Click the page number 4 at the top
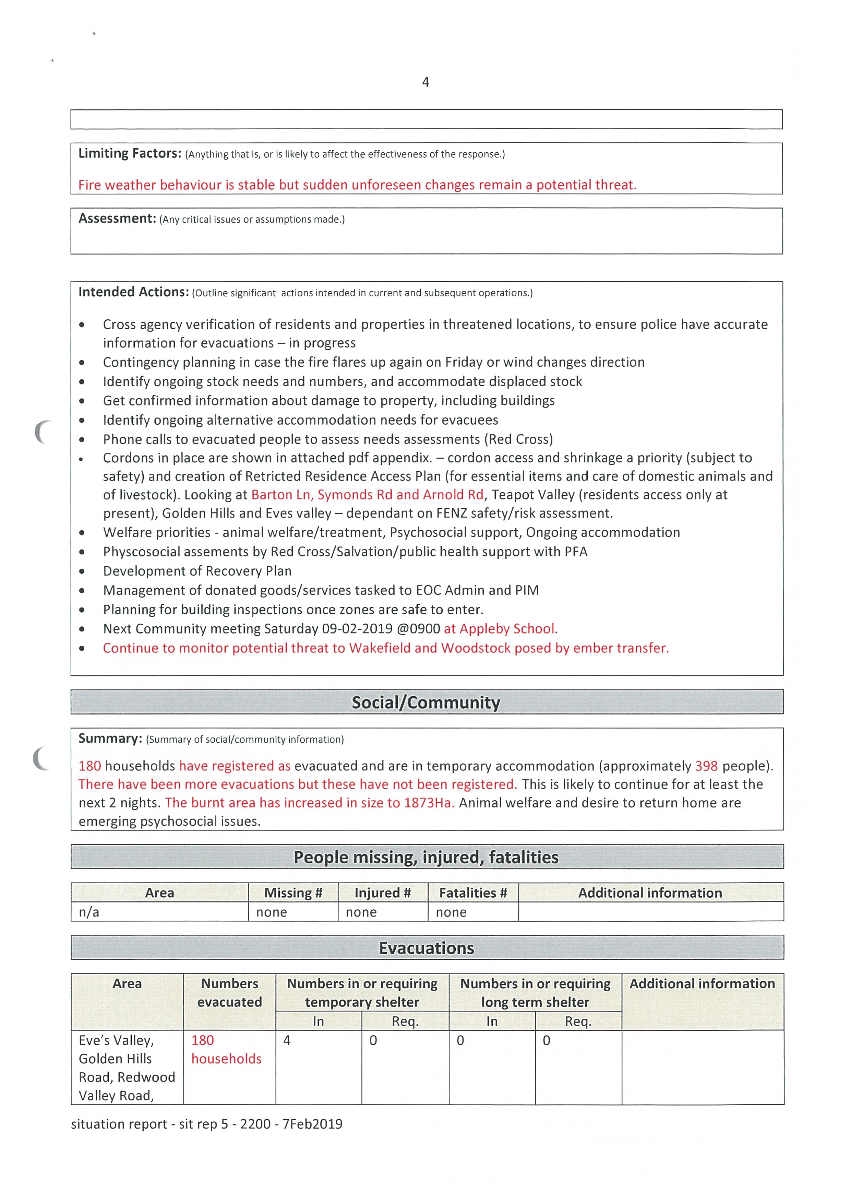coord(425,82)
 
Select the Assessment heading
coord(117,219)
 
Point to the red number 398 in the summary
coord(706,766)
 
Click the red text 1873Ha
coord(429,803)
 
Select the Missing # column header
coord(293,893)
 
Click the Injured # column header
coord(383,893)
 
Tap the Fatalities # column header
coord(473,893)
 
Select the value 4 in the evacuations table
coord(287,1040)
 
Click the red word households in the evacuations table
coord(226,1059)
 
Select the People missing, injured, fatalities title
coord(425,857)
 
